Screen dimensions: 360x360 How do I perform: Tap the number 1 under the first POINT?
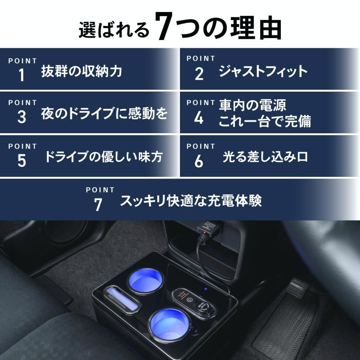pos(22,75)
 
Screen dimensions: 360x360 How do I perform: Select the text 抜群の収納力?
pos(82,72)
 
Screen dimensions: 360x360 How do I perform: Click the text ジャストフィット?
pos(263,72)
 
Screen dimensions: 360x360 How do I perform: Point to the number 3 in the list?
pos(22,117)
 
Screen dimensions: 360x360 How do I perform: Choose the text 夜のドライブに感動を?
pos(104,114)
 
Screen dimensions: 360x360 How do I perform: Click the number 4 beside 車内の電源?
pos(199,118)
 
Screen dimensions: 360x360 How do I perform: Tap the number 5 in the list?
pos(22,161)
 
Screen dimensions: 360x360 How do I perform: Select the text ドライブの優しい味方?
pos(104,157)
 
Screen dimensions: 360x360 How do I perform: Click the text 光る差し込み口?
pos(265,157)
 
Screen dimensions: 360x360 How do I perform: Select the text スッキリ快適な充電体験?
pos(191,201)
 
